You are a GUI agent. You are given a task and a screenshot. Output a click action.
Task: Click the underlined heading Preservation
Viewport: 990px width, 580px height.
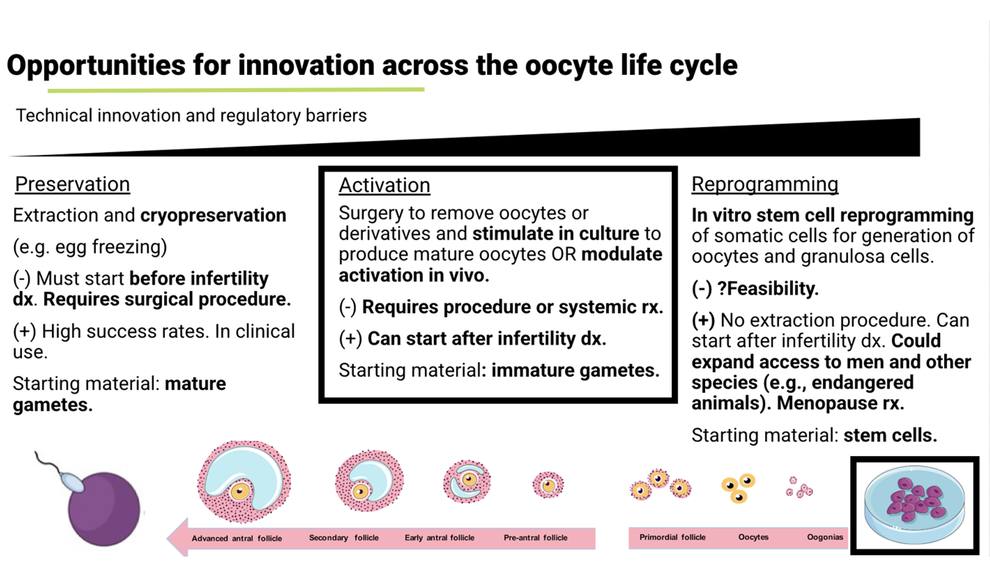pos(72,184)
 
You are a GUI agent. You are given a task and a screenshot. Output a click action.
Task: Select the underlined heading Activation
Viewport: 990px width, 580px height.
pos(384,185)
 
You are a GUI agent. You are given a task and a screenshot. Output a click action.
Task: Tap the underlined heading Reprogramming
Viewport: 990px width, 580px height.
pos(765,184)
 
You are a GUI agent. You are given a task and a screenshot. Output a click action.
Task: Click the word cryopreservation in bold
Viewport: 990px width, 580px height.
pos(213,215)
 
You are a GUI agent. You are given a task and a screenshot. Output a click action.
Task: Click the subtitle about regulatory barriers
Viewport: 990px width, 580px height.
pos(191,116)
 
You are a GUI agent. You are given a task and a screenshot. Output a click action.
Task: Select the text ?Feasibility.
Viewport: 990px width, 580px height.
pos(768,288)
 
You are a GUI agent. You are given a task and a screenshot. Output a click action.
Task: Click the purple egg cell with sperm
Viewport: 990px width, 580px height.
pos(103,508)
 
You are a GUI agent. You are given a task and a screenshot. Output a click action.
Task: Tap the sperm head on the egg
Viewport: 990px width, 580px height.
pos(72,484)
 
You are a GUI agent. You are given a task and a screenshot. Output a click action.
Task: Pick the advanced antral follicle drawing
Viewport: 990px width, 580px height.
pos(244,481)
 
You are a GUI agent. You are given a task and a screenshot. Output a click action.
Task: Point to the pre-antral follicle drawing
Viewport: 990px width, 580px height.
pos(548,485)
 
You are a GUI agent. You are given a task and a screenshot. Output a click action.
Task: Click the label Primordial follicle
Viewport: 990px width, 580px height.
pos(672,537)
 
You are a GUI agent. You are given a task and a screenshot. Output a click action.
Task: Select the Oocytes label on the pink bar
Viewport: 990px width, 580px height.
pos(753,537)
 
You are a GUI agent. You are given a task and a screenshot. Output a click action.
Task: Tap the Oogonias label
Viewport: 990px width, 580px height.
pos(824,537)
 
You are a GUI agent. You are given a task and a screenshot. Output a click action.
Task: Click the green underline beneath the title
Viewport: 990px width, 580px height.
pos(236,90)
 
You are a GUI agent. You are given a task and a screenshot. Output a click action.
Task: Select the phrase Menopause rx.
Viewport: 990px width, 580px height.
pos(840,403)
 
